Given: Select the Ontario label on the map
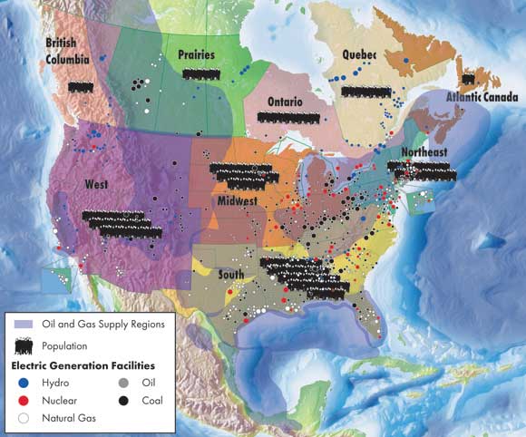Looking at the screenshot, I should pos(285,101).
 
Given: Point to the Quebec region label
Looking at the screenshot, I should pos(358,54).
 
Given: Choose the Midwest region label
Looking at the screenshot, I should pos(238,199).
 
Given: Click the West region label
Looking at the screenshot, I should pos(97,184).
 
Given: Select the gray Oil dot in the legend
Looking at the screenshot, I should pos(122,383).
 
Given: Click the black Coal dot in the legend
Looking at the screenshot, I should pos(122,400).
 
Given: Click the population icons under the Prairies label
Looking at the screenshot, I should pos(200,73).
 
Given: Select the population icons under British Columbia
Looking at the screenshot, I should pos(80,86).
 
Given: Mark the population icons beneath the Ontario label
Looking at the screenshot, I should pos(289,117).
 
